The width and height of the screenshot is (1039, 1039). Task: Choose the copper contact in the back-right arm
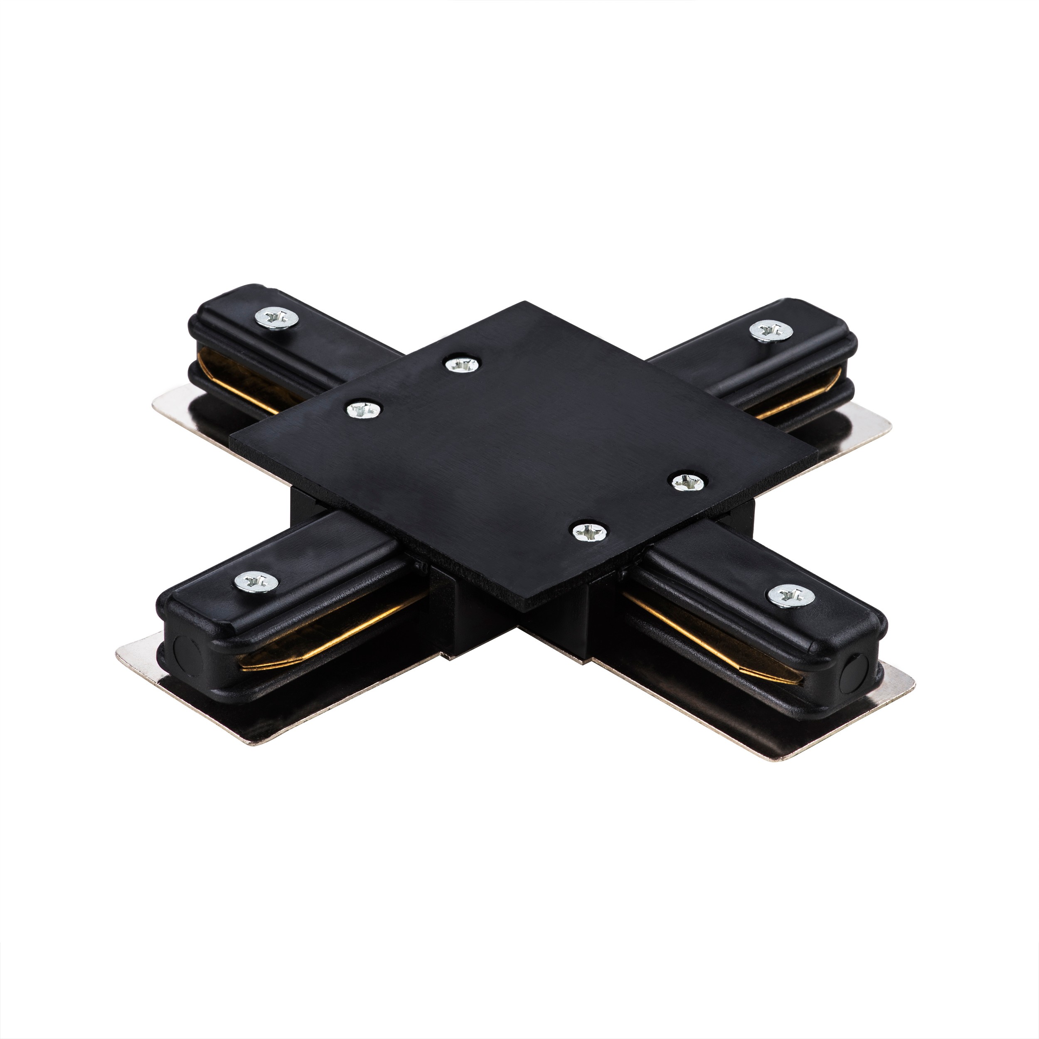[x=790, y=393]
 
